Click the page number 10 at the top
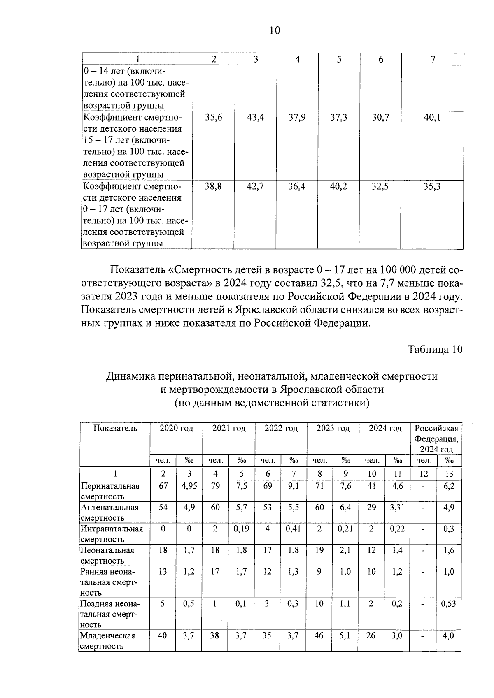[275, 30]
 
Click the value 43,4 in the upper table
[255, 118]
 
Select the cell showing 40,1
[432, 118]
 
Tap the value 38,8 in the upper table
[213, 187]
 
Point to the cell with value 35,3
[432, 187]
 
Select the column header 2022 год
[281, 429]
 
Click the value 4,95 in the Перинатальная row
[189, 486]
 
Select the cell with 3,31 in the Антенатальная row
[397, 508]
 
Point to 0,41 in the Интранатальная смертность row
[293, 529]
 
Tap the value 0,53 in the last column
[448, 604]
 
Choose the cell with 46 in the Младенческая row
[319, 636]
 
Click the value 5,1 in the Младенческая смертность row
[345, 636]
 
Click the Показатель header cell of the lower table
[115, 429]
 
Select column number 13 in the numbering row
[449, 474]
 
